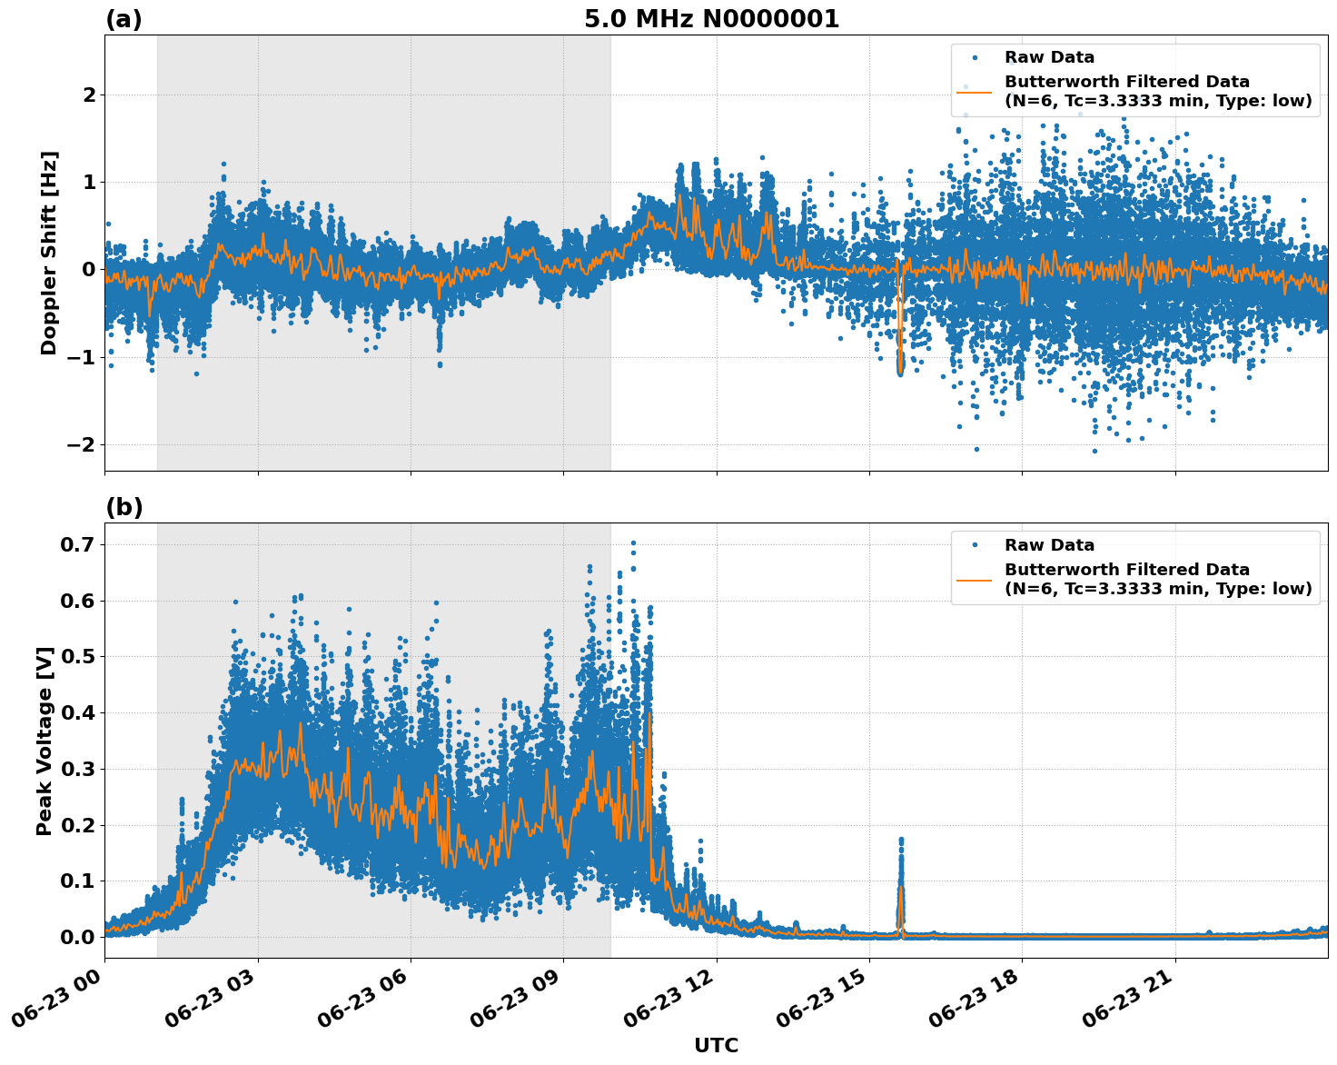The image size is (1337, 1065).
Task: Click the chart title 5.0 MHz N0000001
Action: coord(711,19)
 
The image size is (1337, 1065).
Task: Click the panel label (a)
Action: coord(124,19)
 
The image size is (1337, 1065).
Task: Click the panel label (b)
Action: coord(124,507)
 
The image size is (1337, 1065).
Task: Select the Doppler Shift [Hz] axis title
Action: coord(49,253)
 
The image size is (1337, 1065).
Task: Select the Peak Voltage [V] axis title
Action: coord(45,741)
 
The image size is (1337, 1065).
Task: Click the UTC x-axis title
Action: coord(716,1045)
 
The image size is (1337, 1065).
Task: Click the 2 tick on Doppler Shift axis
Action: coord(89,95)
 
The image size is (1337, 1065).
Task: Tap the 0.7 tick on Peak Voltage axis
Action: coord(76,544)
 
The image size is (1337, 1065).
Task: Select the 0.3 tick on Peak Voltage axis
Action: coord(76,769)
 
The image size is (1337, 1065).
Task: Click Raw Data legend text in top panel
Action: coord(1049,57)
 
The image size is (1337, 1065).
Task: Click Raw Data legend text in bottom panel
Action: coord(1049,545)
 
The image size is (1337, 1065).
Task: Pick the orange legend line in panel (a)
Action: coord(974,91)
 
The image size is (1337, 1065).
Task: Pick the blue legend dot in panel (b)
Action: coord(974,545)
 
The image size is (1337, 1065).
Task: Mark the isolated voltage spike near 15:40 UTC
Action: coord(901,872)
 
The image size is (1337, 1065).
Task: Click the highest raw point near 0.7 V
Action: coord(633,543)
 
